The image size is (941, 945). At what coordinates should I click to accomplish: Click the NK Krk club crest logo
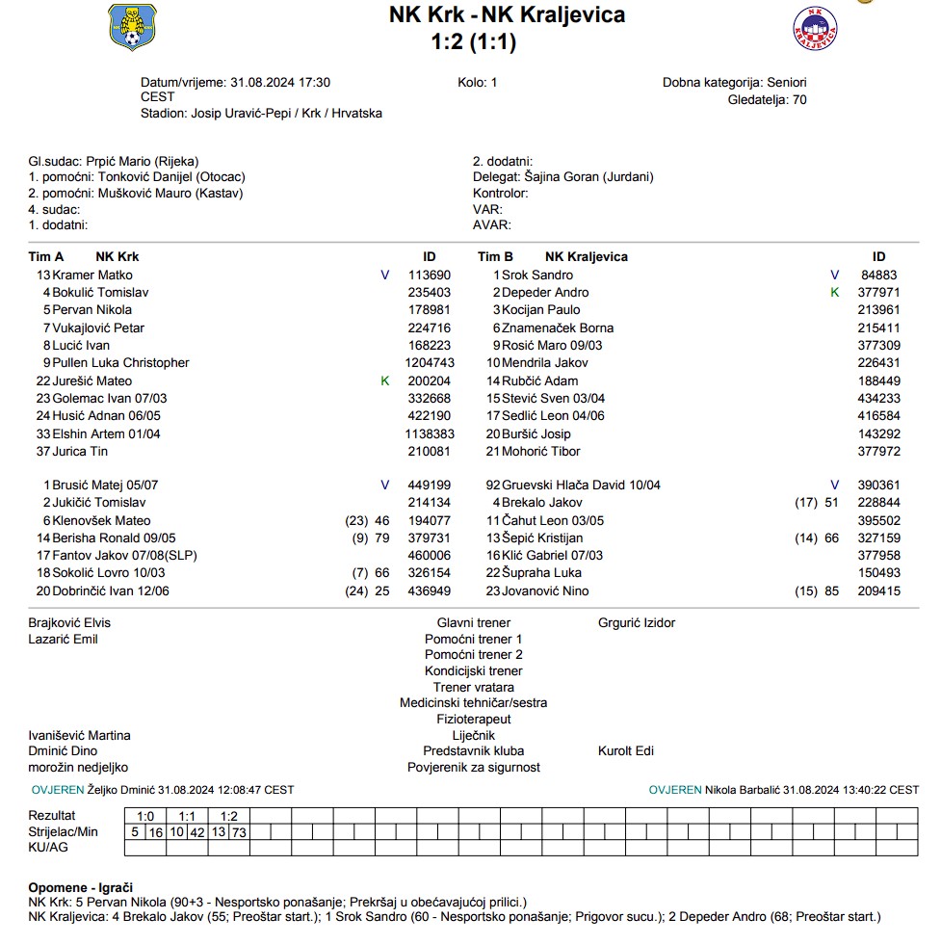coord(133,28)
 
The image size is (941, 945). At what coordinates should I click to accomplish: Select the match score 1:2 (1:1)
coord(474,42)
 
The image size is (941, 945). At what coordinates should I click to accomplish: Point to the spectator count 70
coord(799,99)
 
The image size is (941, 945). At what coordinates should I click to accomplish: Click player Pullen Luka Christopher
coord(120,363)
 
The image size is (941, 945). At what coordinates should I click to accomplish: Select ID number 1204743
coord(430,363)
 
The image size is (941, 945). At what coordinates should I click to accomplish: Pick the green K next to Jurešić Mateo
coord(385,381)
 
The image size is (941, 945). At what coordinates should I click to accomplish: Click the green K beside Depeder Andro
coord(835,293)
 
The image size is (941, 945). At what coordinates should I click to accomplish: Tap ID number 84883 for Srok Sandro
coord(878,276)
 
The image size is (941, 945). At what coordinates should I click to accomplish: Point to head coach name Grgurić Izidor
coord(637,623)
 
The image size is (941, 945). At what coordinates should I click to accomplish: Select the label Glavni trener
coord(474,623)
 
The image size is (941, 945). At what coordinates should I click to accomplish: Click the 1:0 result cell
coord(145,816)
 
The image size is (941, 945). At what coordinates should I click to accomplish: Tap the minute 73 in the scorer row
coord(239,832)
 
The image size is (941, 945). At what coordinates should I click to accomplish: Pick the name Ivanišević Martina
coord(80,736)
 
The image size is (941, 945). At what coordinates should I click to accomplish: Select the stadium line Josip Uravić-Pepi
coord(261,114)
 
